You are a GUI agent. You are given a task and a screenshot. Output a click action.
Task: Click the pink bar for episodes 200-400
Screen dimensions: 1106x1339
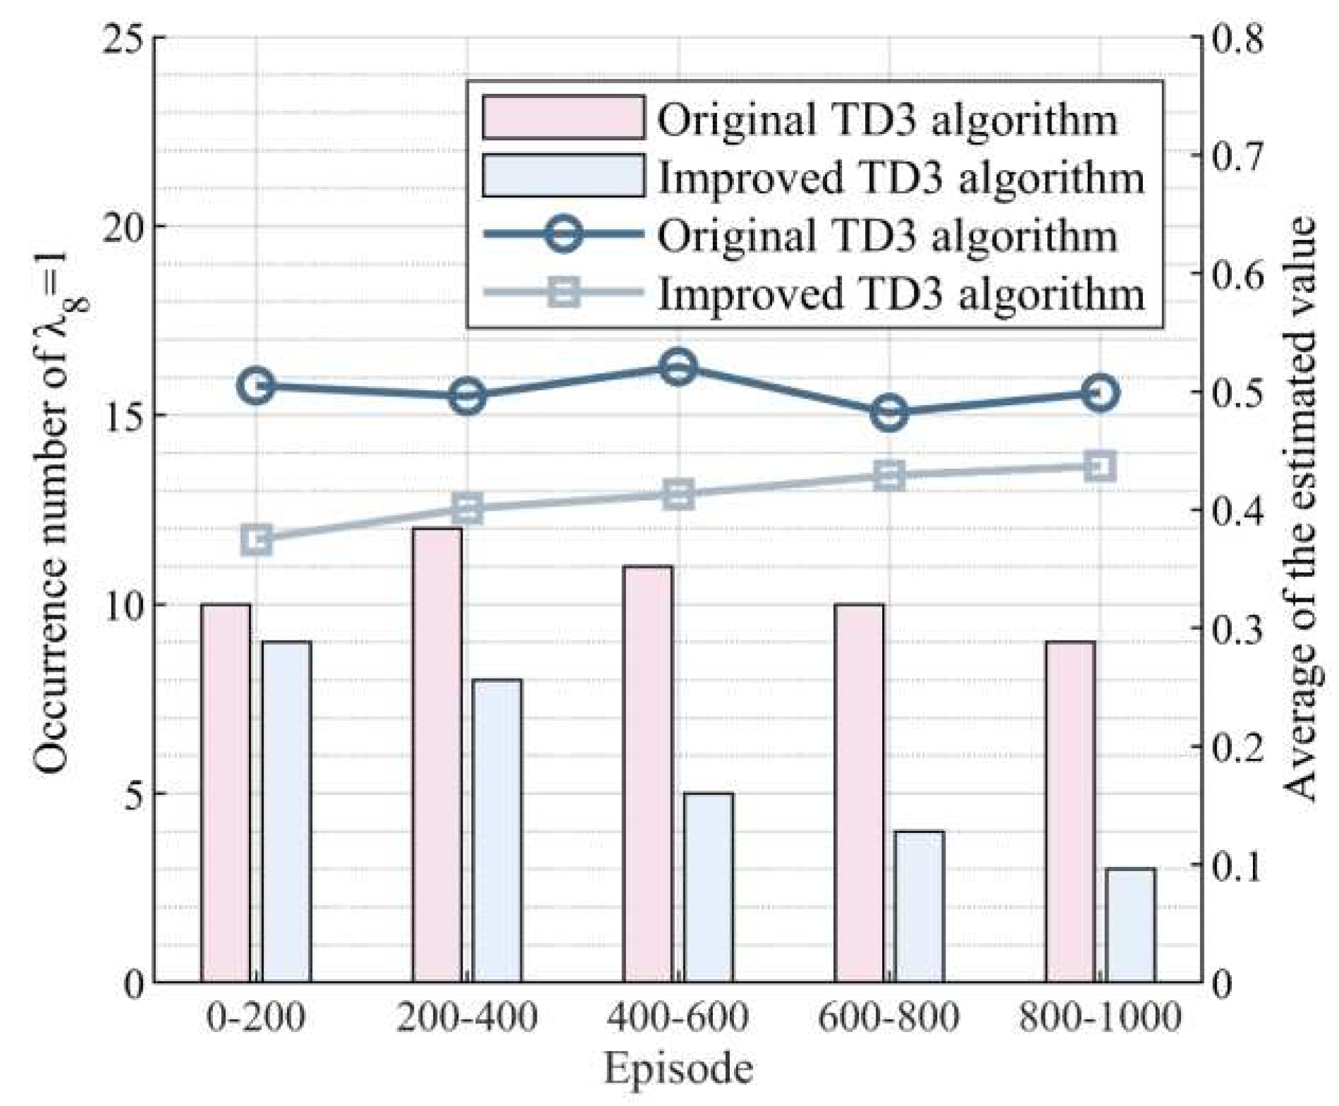tap(437, 755)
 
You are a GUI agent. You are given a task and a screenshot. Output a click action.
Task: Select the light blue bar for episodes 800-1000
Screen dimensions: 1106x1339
tap(1130, 925)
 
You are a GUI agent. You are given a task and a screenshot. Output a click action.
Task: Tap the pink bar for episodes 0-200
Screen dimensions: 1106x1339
tap(226, 793)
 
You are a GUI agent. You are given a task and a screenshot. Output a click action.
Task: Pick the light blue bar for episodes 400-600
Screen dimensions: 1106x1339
tap(709, 887)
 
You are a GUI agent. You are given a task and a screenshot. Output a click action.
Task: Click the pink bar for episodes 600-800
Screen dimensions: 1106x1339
tap(859, 793)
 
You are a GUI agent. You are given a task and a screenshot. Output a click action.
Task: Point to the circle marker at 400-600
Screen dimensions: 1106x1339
tap(678, 367)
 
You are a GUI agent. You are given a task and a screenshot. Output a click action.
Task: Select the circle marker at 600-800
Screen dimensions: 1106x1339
tap(889, 413)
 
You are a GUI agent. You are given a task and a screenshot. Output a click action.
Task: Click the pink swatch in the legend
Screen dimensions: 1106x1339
tap(563, 117)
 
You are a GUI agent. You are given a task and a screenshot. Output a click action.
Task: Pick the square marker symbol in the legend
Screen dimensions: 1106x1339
tap(563, 292)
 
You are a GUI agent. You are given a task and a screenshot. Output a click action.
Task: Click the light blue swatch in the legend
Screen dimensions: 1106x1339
tap(563, 175)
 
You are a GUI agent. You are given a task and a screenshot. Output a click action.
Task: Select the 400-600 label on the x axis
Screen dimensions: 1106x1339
tap(678, 1018)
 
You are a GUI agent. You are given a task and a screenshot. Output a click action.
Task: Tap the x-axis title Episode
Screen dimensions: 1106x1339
tap(678, 1069)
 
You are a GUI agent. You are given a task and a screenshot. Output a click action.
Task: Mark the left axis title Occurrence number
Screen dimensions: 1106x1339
tap(52, 508)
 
